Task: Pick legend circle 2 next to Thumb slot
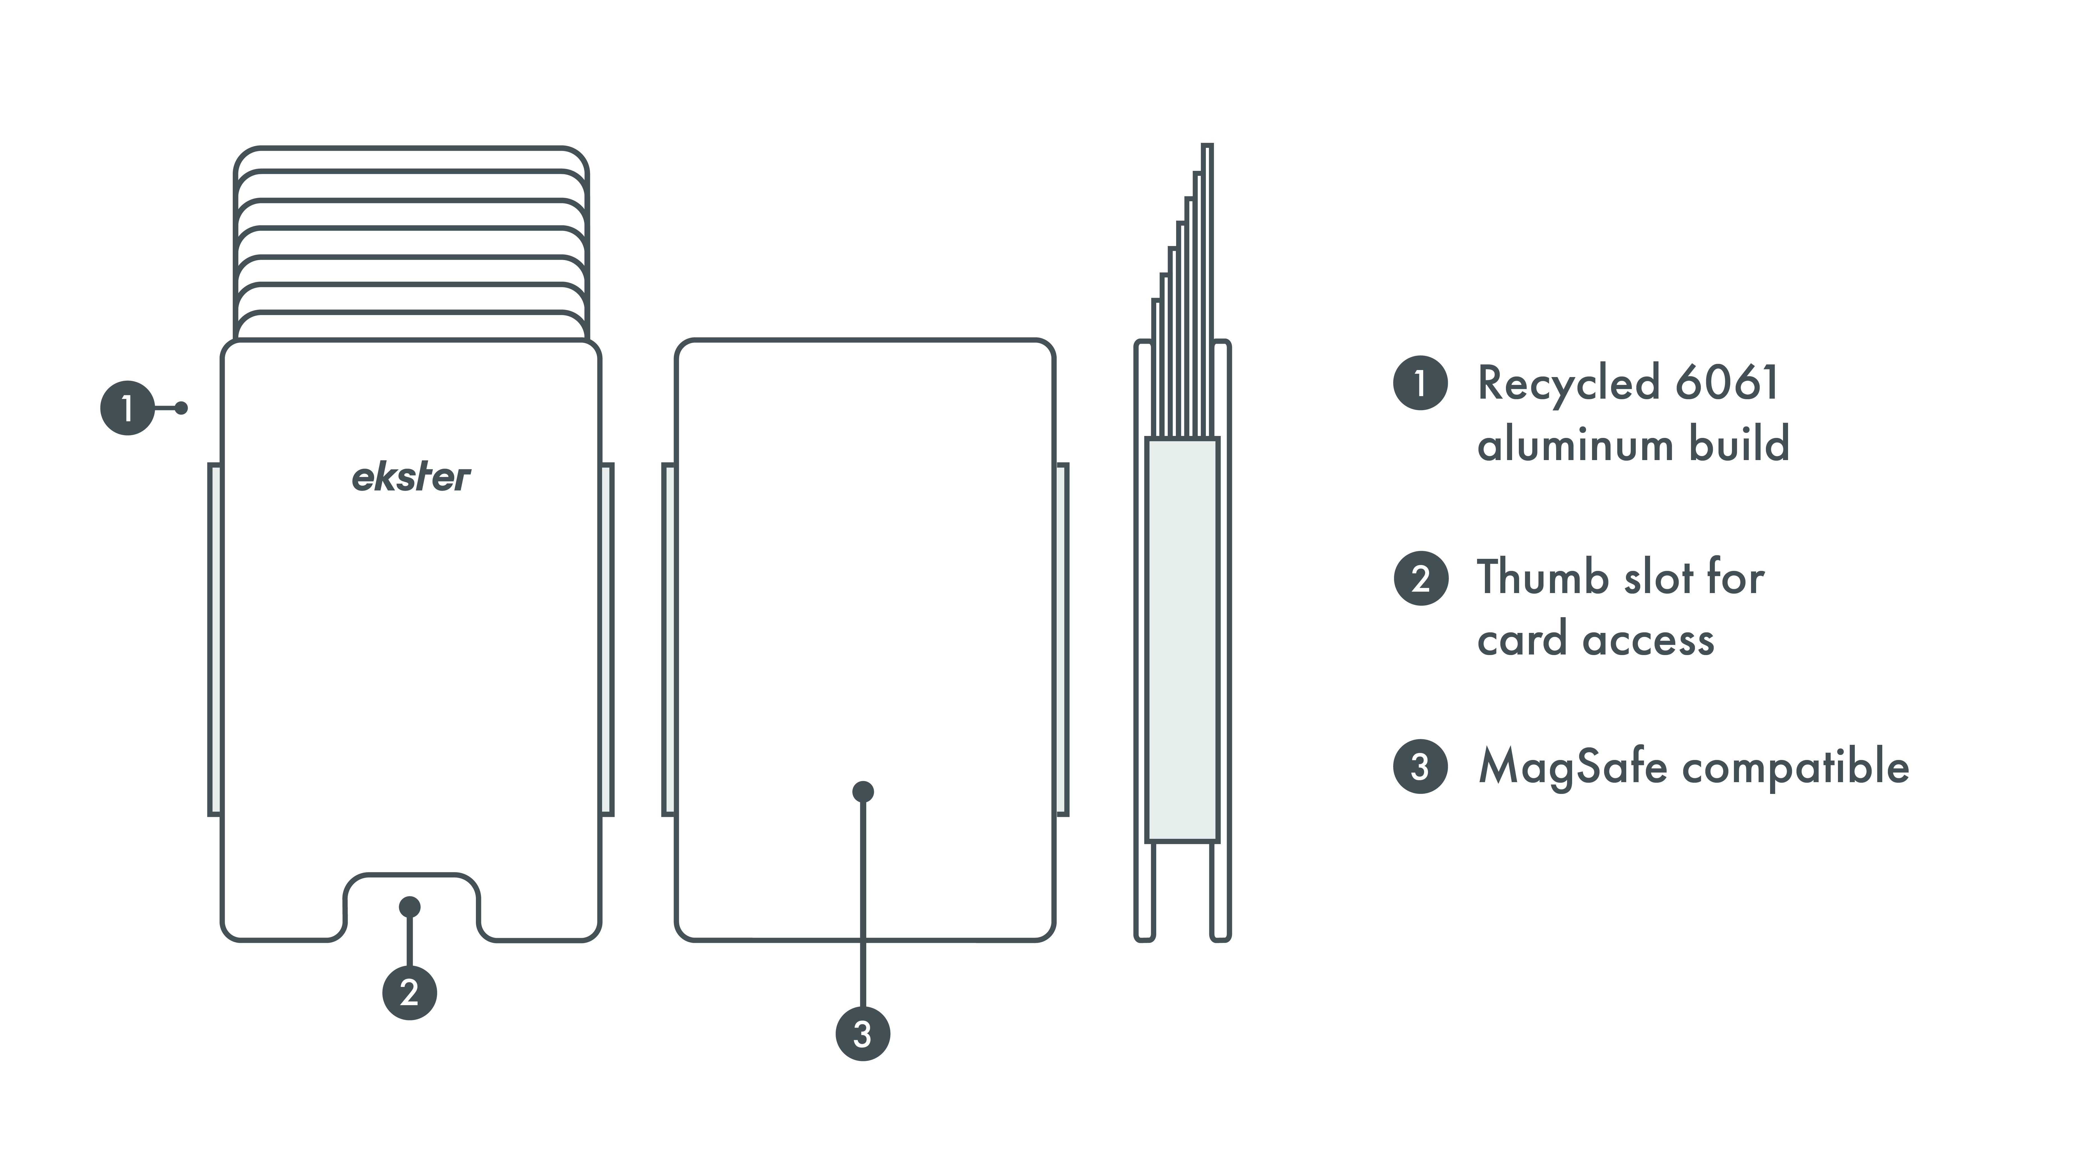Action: [1420, 578]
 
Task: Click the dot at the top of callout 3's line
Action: [862, 791]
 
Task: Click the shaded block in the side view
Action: [1182, 640]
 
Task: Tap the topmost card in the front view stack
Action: [411, 159]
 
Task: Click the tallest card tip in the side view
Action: [1207, 163]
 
